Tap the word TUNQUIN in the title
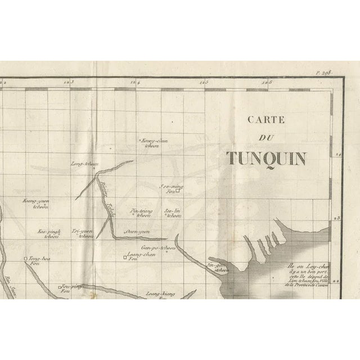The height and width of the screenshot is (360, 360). click(267, 158)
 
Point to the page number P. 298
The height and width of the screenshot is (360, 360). click(325, 73)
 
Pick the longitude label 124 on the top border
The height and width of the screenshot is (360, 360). click(136, 83)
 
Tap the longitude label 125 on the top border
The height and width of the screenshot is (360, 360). click(202, 83)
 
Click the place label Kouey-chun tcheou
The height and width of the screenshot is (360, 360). click(154, 143)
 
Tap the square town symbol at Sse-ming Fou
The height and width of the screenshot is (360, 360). click(177, 191)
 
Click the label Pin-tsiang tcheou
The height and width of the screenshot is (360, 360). click(141, 213)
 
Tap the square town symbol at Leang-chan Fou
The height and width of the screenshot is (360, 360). click(125, 258)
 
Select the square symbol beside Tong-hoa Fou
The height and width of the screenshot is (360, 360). click(25, 259)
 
